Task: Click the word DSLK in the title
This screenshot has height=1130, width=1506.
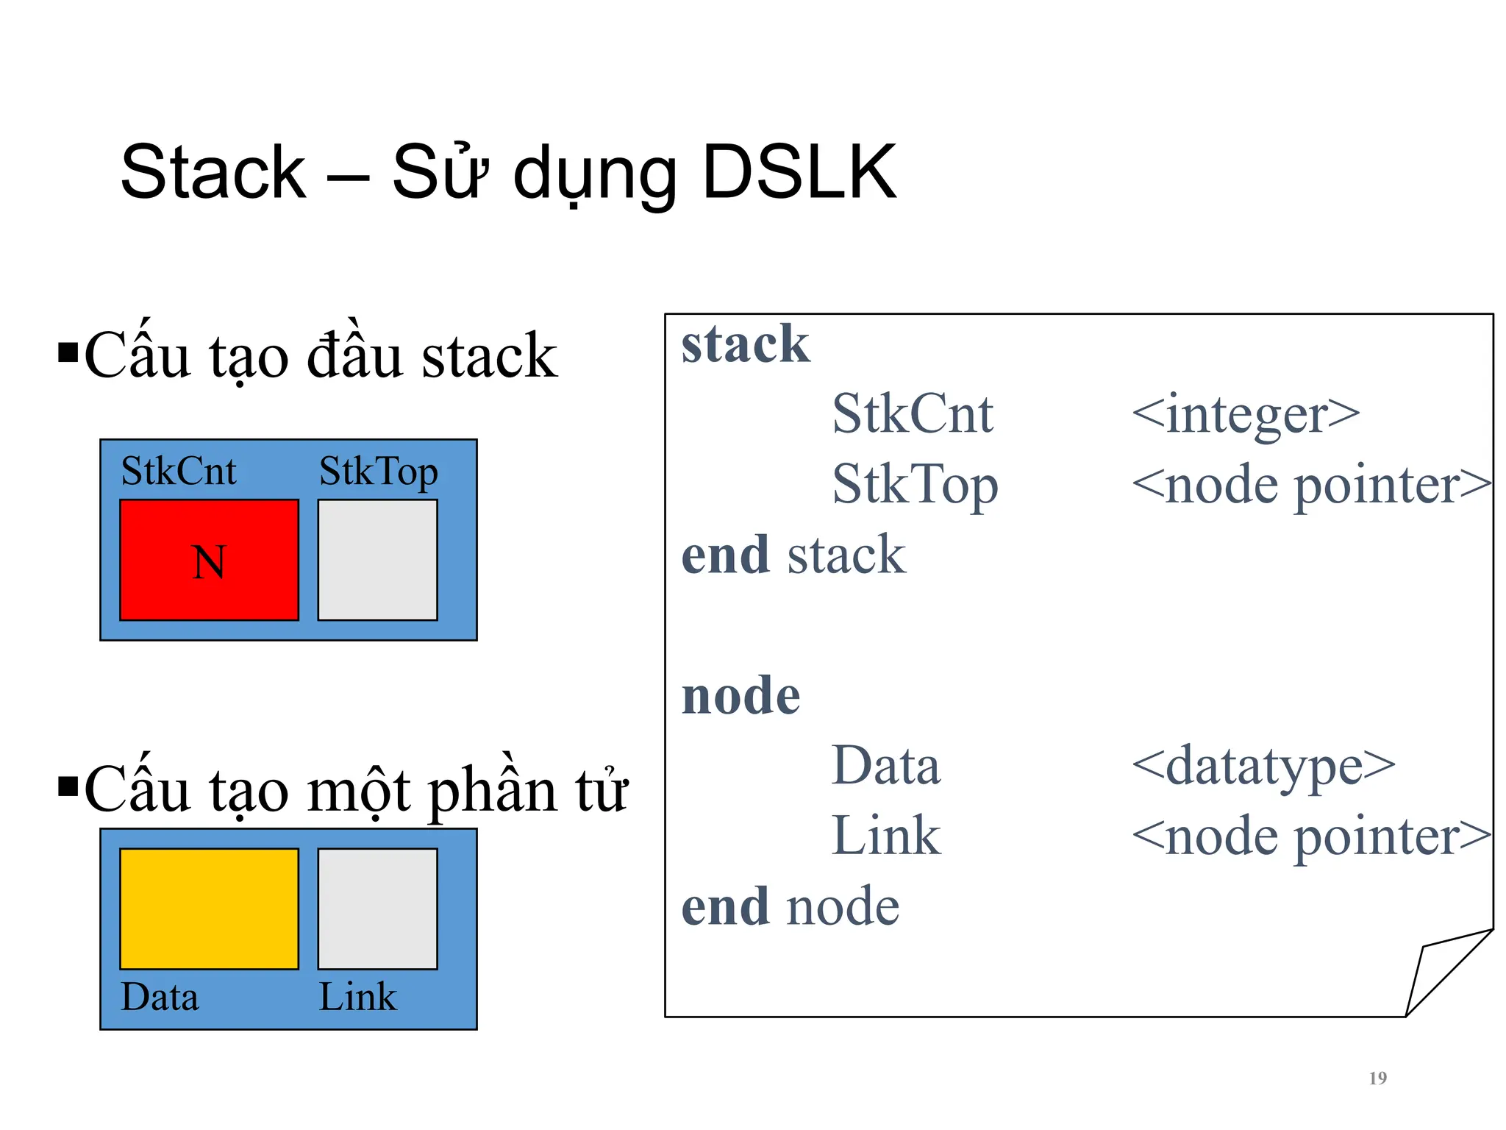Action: tap(799, 173)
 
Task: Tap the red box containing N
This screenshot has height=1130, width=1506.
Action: tap(209, 561)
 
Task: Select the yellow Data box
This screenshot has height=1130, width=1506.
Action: tap(209, 909)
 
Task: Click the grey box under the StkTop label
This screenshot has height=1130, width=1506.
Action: tap(377, 561)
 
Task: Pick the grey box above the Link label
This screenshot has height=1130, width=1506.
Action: tap(377, 909)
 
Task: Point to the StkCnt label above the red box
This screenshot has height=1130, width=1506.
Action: tap(179, 472)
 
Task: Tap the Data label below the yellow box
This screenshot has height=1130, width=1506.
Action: tap(160, 998)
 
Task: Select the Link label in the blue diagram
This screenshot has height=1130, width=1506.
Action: tap(357, 998)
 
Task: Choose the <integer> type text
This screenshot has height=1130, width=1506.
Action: tap(1246, 414)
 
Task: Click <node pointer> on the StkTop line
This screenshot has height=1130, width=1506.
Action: tap(1312, 485)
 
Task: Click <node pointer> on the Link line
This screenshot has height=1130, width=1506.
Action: tap(1312, 836)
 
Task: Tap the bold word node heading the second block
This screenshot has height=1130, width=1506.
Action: tap(740, 696)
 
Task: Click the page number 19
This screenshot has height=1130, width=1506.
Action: tap(1377, 1079)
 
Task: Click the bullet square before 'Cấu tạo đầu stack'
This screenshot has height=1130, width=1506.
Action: tap(68, 352)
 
